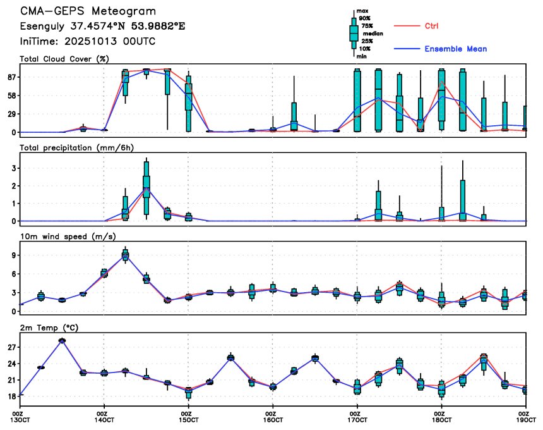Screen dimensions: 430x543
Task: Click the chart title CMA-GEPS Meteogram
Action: [88, 11]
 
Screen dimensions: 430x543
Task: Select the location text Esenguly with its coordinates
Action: [102, 27]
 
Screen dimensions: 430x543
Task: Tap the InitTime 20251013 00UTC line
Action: [88, 41]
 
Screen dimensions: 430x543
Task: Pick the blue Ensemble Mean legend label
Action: [455, 49]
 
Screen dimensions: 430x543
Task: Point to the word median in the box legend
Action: [367, 34]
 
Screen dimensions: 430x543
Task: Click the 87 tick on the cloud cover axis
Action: [12, 77]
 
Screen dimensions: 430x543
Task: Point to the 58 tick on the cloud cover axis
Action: [12, 95]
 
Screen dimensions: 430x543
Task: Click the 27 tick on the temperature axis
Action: [12, 347]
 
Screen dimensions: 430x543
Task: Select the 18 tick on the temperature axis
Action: [12, 396]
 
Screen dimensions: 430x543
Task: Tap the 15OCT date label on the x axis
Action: [188, 419]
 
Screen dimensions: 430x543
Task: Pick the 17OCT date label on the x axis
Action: [357, 419]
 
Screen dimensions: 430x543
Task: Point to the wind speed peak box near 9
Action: [125, 255]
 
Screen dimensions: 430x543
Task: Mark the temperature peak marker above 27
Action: [62, 340]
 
